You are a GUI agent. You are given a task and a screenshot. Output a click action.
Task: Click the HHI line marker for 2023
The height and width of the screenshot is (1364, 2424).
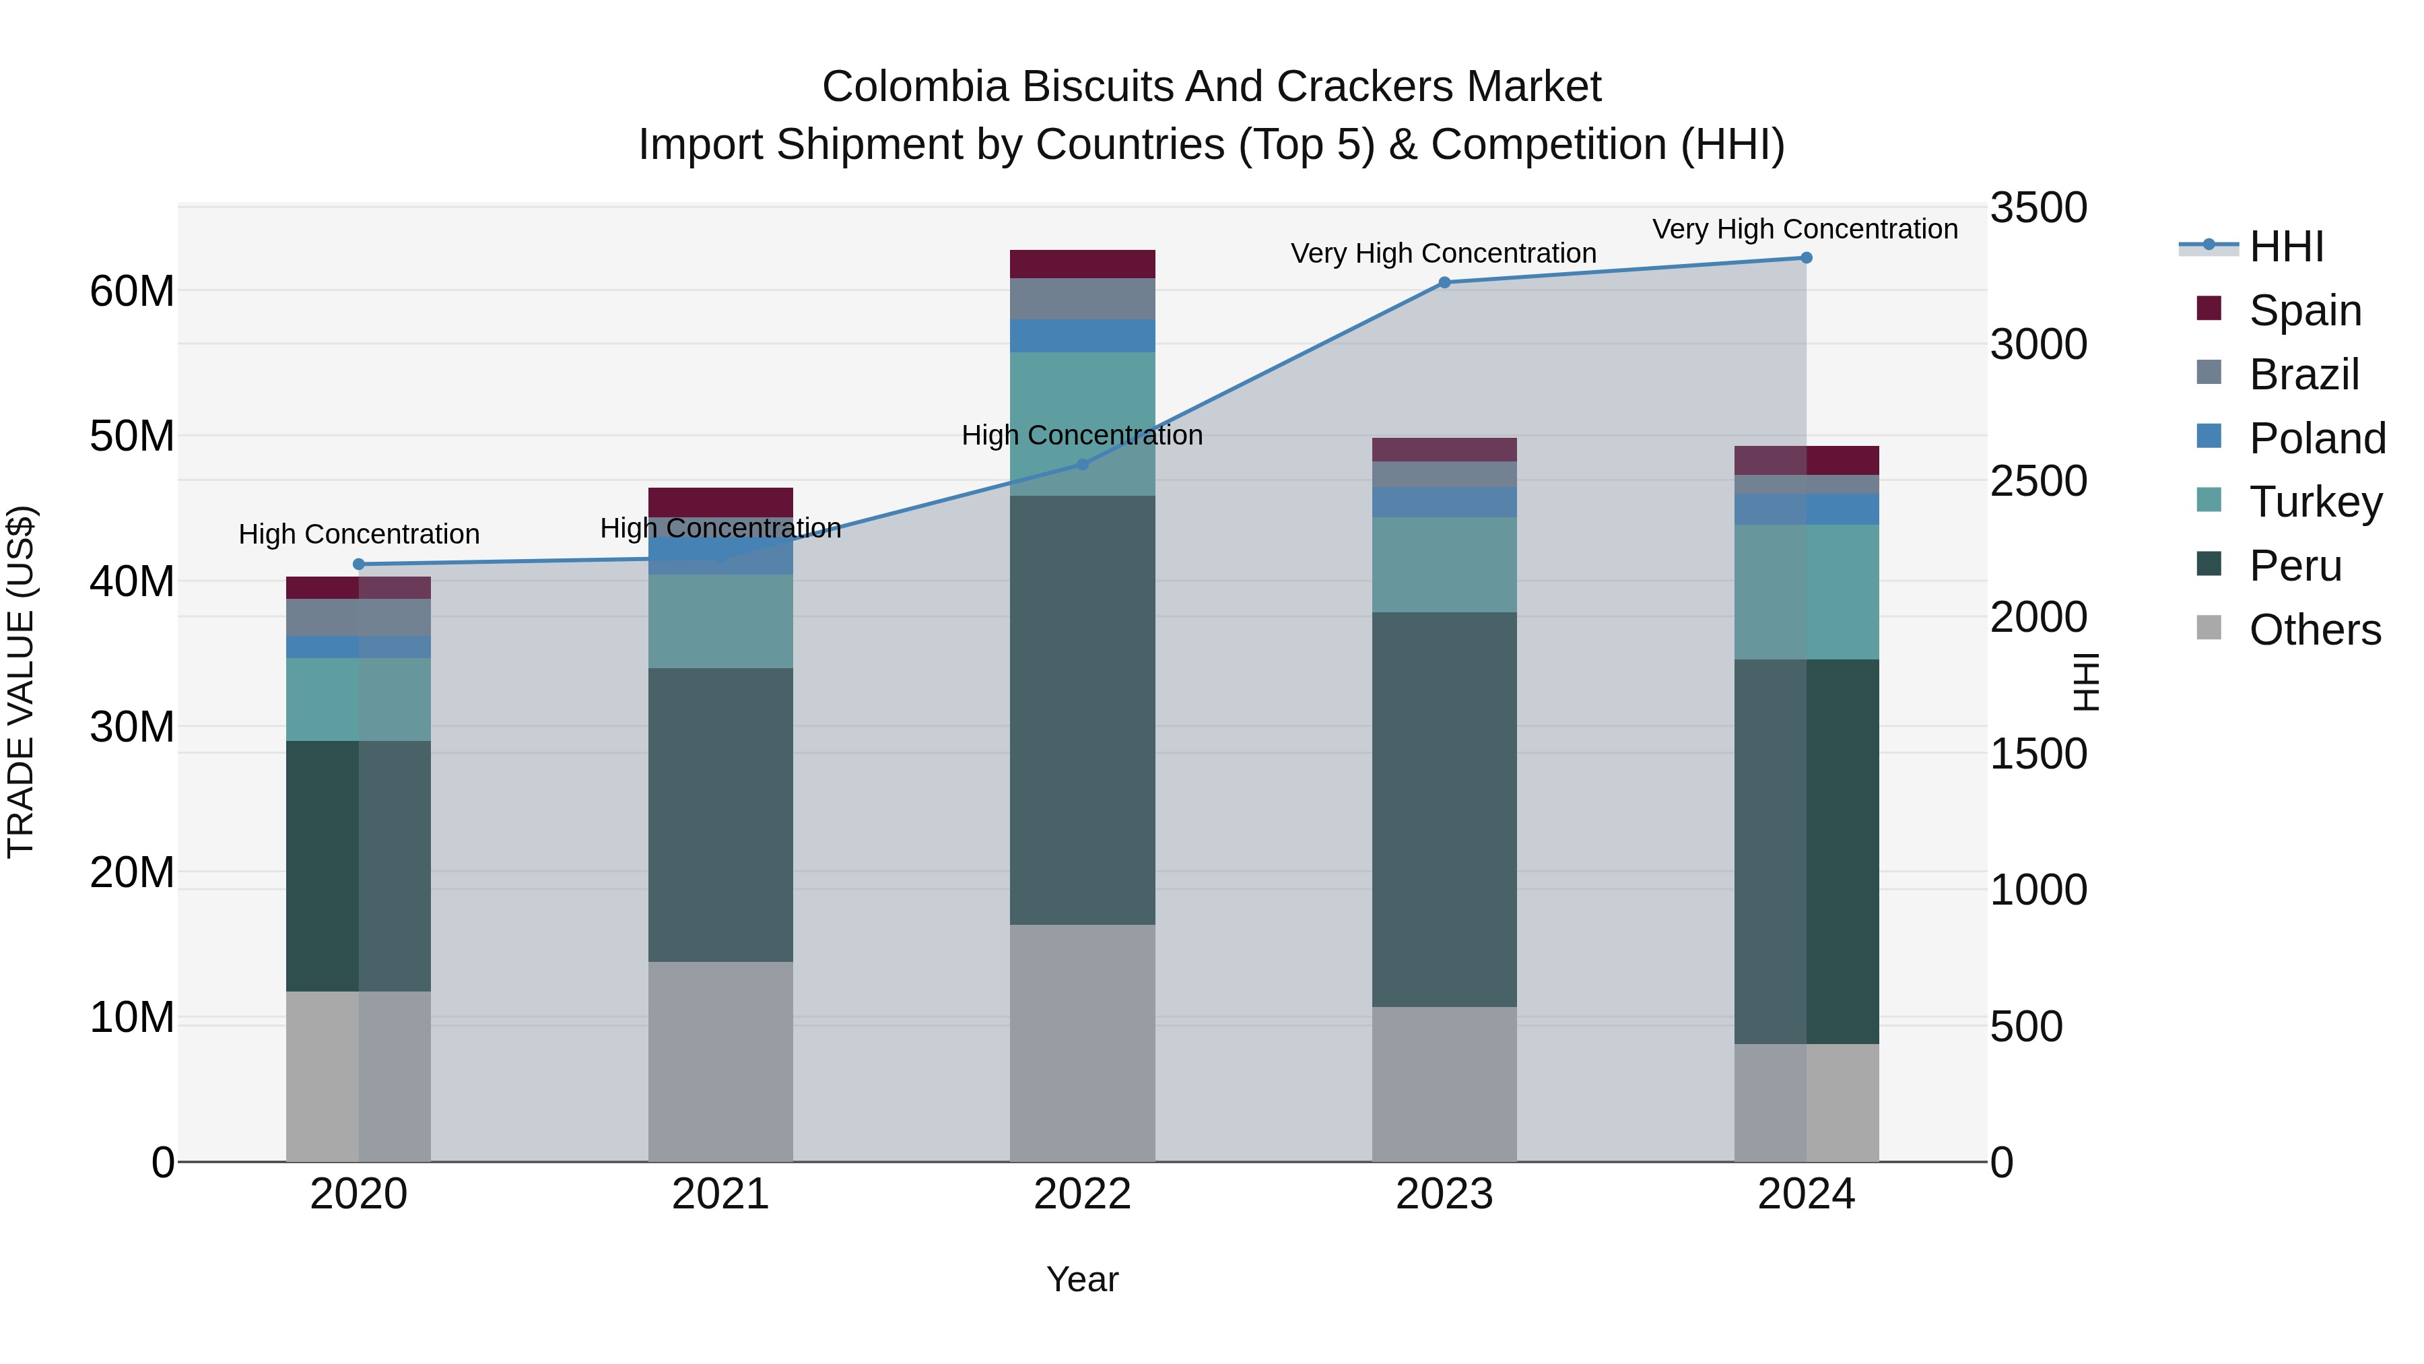pyautogui.click(x=1444, y=282)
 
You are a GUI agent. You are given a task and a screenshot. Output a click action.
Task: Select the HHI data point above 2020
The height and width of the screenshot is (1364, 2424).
pyautogui.click(x=358, y=564)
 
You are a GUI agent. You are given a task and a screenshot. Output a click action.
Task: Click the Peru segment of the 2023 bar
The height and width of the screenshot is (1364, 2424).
pyautogui.click(x=1444, y=810)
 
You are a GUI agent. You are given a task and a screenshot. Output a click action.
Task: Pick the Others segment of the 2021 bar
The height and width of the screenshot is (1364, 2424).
pyautogui.click(x=720, y=1061)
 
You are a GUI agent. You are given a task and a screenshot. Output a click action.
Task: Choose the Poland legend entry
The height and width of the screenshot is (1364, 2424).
pyautogui.click(x=2317, y=439)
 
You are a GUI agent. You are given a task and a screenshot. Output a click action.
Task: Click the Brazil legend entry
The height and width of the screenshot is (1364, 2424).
pyautogui.click(x=2303, y=375)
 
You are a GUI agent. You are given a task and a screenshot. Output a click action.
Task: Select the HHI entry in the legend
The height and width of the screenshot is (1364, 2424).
pyautogui.click(x=2287, y=247)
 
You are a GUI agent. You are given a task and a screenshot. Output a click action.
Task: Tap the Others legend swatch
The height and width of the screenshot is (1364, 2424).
pyautogui.click(x=2209, y=628)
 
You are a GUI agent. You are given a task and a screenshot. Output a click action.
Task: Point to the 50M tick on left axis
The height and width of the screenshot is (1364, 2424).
pyautogui.click(x=132, y=436)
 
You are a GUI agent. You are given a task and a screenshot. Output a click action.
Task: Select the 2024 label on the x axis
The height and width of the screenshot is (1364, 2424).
pyautogui.click(x=1806, y=1194)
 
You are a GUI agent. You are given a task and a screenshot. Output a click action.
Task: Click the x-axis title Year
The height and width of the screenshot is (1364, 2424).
pyautogui.click(x=1082, y=1279)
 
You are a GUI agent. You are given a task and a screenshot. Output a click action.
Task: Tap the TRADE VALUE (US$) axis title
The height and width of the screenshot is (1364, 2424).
pyautogui.click(x=21, y=682)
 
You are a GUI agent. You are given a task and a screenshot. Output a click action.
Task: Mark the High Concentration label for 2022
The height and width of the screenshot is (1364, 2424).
pyautogui.click(x=1082, y=435)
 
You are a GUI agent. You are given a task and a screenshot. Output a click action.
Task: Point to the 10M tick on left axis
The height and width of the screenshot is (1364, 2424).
pyautogui.click(x=132, y=1018)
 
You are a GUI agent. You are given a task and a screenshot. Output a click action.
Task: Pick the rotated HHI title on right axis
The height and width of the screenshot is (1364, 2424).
pyautogui.click(x=2086, y=682)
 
